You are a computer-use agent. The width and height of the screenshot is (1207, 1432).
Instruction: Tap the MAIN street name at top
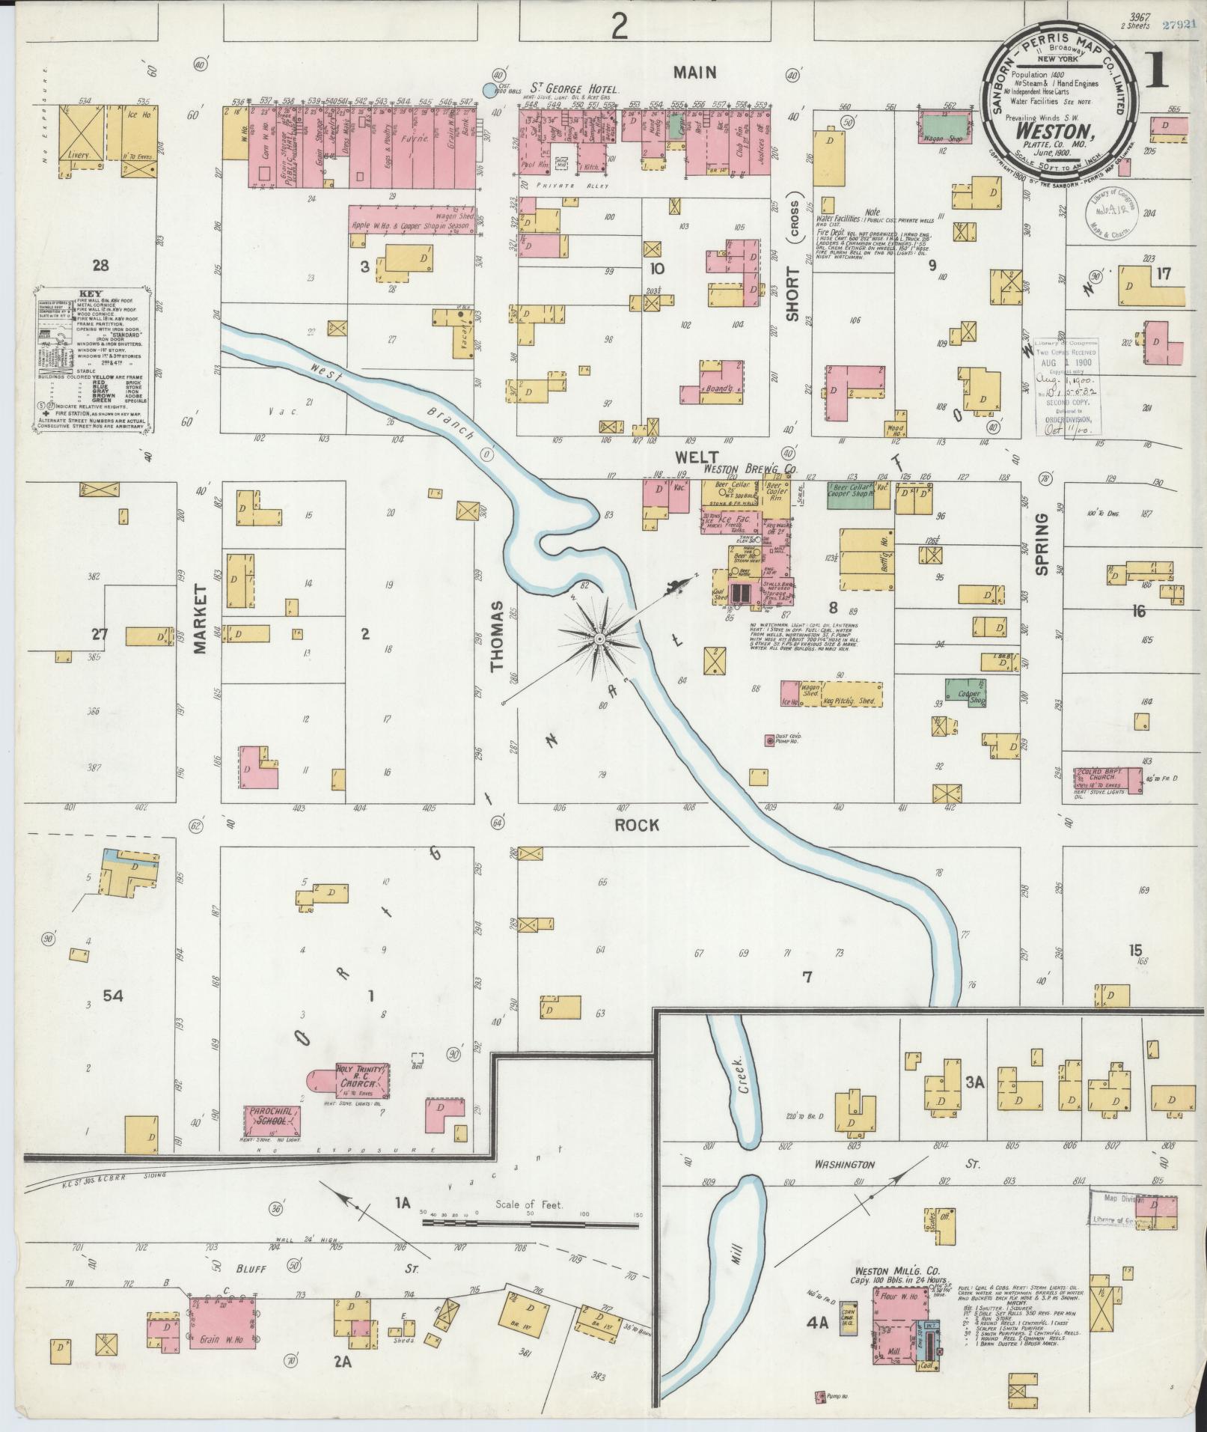(694, 73)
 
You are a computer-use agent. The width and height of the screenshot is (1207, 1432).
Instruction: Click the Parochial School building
(273, 1121)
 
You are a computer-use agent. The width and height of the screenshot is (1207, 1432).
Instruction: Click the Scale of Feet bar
(530, 1222)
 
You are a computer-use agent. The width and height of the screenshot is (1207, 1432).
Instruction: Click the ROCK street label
(636, 825)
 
